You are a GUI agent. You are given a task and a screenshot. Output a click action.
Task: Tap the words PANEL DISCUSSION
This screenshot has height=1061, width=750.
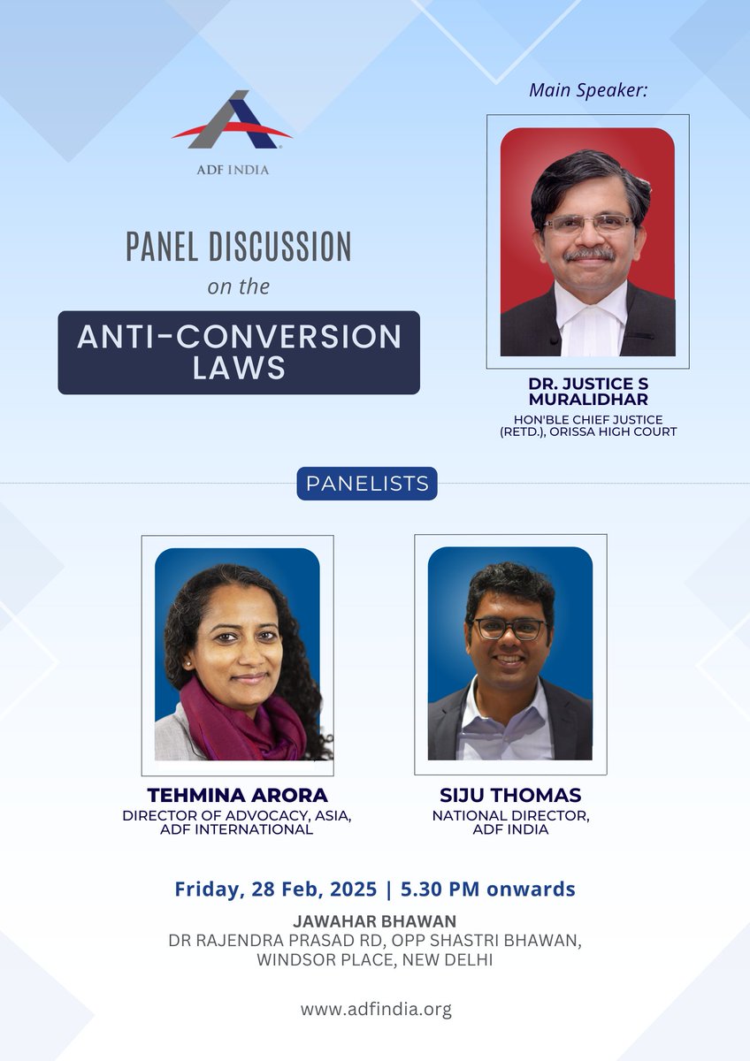pos(238,247)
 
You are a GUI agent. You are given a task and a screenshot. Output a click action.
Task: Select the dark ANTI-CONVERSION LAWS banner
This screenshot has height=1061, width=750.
pos(239,352)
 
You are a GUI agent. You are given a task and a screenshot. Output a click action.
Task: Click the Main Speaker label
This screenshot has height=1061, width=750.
pos(588,90)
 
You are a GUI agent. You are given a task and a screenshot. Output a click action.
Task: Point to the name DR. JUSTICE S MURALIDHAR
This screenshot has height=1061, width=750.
pos(587,393)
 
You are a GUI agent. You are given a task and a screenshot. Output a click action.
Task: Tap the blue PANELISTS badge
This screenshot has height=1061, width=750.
pos(366,484)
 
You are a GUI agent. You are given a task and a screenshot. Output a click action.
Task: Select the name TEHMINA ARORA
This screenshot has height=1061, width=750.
pos(237,796)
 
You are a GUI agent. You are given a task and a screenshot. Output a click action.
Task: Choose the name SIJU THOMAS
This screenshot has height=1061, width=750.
pos(510,796)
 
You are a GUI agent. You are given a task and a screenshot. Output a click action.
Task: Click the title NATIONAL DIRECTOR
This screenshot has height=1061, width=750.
pos(510,815)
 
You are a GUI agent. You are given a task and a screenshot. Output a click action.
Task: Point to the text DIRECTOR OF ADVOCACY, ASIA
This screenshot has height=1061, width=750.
pos(237,815)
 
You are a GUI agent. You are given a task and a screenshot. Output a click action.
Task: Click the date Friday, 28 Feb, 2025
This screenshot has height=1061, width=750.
pos(277,889)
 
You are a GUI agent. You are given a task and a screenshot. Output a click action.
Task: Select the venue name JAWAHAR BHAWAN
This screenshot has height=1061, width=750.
pos(375,921)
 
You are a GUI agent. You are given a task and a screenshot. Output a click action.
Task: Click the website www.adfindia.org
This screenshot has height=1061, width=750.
pos(375,1009)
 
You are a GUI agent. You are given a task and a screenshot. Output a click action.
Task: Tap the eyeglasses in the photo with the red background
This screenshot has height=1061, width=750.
pos(587,223)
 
